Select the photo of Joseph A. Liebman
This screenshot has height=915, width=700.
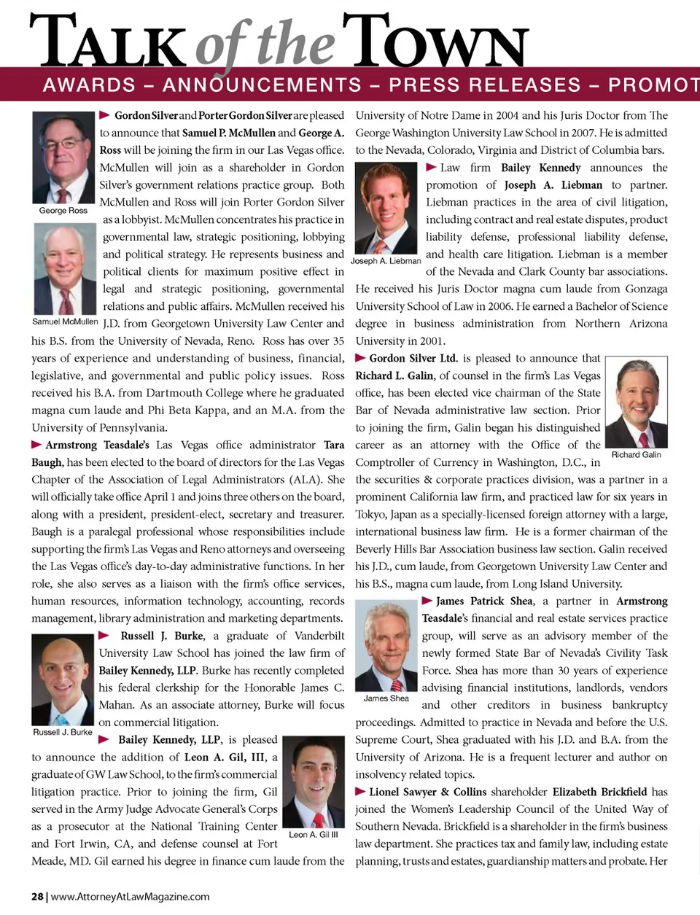386,207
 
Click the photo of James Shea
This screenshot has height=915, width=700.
386,645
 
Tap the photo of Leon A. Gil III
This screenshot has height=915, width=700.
313,782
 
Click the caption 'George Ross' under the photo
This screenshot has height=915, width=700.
63,211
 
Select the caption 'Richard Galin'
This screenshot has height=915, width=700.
637,455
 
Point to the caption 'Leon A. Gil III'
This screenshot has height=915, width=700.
314,835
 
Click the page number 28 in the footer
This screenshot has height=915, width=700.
37,897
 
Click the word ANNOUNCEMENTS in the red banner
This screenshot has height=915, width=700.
262,85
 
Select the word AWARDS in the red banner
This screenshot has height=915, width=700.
89,85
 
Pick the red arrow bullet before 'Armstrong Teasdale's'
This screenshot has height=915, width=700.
36,445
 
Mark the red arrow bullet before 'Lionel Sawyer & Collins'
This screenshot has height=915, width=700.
360,792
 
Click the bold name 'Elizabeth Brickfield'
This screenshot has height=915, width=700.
599,792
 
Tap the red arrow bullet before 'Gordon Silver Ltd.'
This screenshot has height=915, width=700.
360,358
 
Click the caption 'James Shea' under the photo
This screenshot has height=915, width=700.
386,698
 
